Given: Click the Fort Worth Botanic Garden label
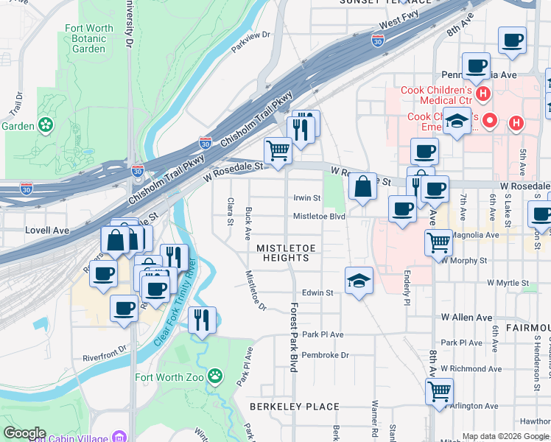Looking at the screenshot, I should point(89,38).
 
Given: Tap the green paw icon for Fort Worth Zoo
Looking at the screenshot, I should point(214,377).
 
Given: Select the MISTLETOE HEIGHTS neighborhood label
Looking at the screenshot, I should point(283,253).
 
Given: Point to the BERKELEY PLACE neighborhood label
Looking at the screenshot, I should point(294,407).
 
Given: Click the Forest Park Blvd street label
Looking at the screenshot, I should point(292,337).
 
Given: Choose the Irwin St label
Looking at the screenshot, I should point(307,198).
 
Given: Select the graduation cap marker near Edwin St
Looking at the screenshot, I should point(359,281).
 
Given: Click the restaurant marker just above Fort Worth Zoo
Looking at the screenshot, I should point(202,320).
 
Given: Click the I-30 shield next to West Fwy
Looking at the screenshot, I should point(378,41).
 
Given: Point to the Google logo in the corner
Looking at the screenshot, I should point(24,433).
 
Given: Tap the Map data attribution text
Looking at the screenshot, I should point(505,436).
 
